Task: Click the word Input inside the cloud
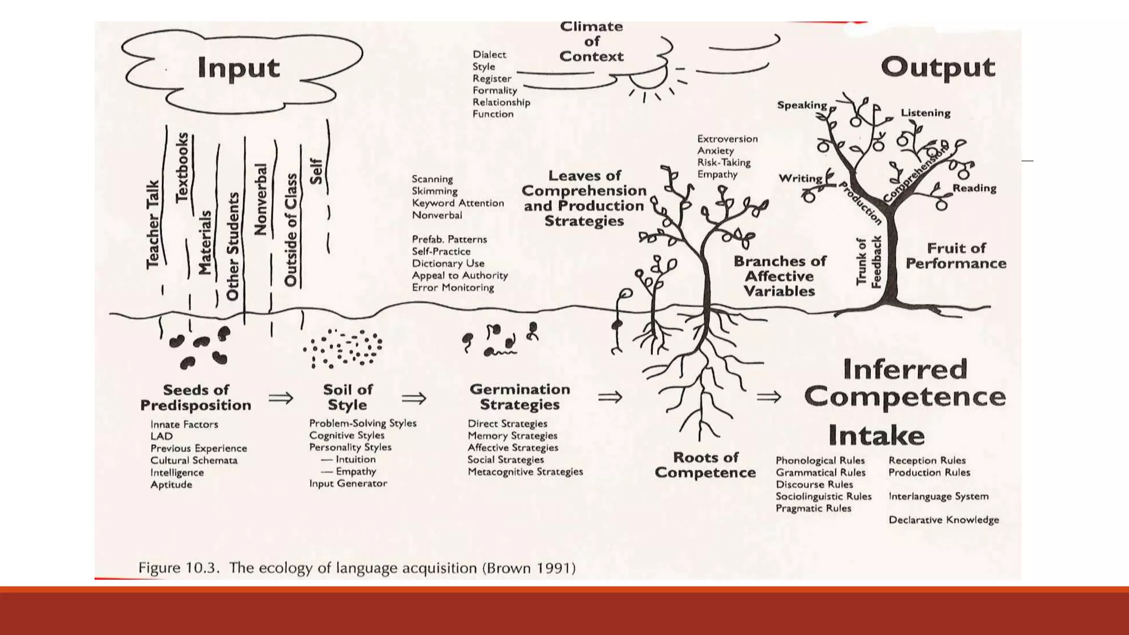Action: [238, 68]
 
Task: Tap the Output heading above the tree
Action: [938, 68]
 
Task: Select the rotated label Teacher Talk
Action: [153, 225]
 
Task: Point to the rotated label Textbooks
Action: [182, 168]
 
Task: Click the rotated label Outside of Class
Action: [291, 230]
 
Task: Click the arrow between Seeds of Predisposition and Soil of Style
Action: [281, 397]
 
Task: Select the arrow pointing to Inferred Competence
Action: [768, 396]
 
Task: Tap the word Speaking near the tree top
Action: [802, 105]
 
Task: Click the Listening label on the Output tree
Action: [925, 113]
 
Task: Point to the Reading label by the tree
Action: [974, 188]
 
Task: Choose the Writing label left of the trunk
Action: [800, 179]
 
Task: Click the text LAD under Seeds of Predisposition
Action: [162, 436]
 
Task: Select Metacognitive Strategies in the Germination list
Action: [525, 472]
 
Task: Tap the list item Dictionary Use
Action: [448, 263]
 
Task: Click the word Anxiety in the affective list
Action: [715, 150]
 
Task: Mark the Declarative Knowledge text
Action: [943, 520]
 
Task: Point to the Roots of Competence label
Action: [705, 465]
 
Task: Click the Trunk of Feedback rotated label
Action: [868, 261]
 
